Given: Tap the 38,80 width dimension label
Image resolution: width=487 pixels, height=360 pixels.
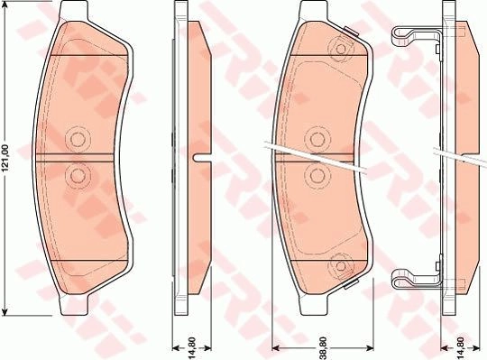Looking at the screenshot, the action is tap(323, 347).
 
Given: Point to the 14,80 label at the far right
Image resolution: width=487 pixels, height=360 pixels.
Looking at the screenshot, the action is tap(461, 347).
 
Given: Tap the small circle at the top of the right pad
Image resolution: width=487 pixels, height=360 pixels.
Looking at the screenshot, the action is tap(341, 49).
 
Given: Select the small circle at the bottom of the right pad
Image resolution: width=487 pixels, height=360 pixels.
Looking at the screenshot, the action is tap(341, 266).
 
